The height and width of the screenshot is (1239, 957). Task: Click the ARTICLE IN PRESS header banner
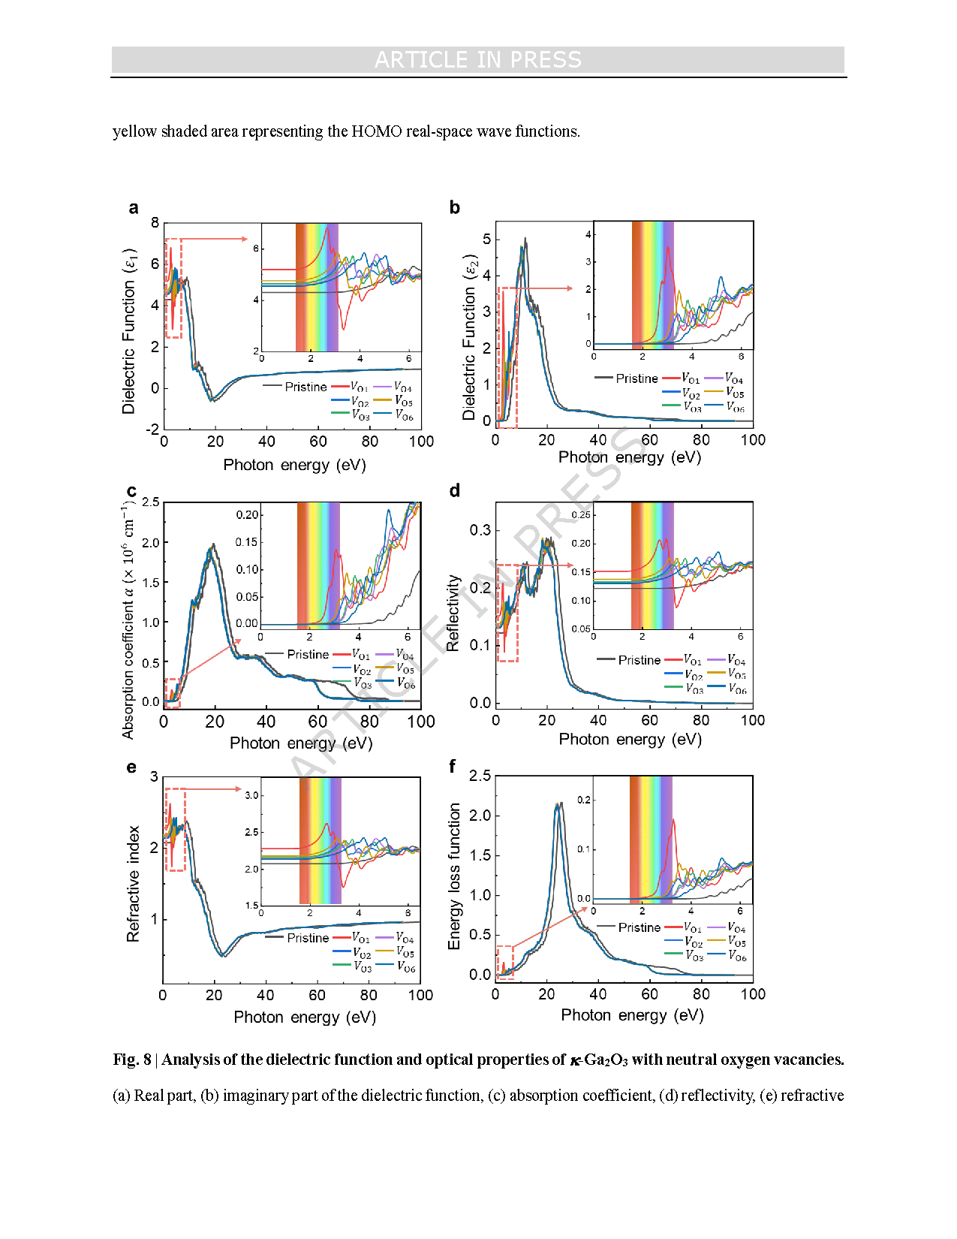coord(477,60)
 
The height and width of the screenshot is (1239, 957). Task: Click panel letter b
coord(454,208)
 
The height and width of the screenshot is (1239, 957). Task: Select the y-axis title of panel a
coord(129,331)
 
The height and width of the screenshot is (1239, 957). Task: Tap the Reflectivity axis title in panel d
coord(453,613)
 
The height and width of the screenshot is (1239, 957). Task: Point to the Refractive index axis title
coord(134,884)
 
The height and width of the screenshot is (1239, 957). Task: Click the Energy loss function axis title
coord(454,876)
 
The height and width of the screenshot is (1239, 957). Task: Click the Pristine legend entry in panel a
coord(305,387)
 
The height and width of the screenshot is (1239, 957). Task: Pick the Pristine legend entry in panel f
coord(639,927)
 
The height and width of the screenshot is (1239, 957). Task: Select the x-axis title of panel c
coord(301,743)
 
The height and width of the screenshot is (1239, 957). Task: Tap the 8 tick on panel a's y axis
coord(155,223)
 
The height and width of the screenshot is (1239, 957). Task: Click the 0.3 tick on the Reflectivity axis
coord(480,530)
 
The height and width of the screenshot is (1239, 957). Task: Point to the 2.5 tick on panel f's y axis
coord(480,776)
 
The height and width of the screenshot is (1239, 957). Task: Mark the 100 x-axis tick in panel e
coord(420,995)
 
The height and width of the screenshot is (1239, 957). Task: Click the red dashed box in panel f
coord(505,962)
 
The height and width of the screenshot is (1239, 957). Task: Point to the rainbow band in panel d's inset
coord(652,565)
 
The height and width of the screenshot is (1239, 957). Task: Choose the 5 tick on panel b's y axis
coord(487,239)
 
